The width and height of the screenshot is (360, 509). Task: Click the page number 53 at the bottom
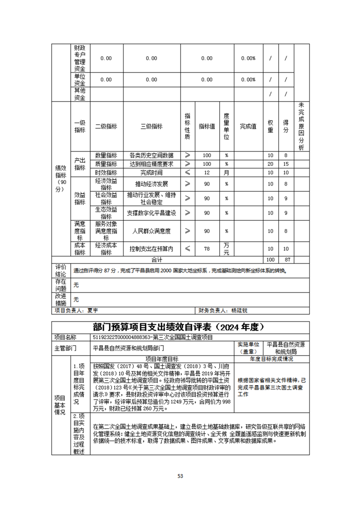click(180, 476)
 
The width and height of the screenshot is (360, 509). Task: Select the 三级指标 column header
click(152, 127)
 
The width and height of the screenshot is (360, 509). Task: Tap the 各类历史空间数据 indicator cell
click(152, 155)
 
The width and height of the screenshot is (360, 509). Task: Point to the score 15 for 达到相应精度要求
click(286, 164)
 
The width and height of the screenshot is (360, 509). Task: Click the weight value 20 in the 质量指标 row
click(271, 164)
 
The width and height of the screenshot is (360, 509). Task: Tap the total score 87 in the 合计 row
click(286, 259)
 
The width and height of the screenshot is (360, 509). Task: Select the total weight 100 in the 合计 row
click(271, 259)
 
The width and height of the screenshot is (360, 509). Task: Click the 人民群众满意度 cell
click(152, 231)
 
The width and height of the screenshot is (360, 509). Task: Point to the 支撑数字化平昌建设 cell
click(152, 213)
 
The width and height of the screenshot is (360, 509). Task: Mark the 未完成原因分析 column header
click(301, 127)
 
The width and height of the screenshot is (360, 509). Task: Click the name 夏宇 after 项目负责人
click(93, 311)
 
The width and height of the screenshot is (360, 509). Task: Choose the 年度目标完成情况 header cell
click(271, 359)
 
